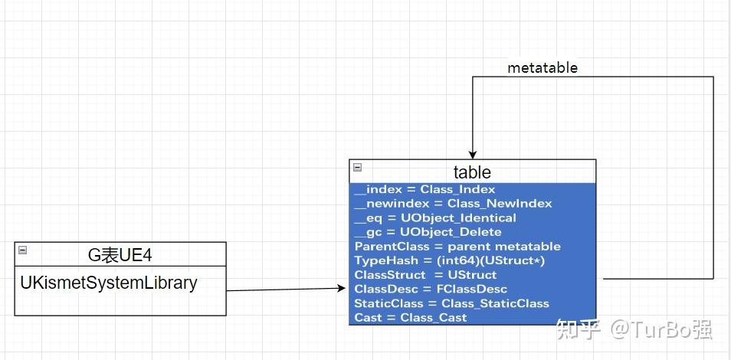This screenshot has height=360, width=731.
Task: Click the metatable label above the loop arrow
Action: pos(542,68)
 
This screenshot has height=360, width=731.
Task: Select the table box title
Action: pos(472,172)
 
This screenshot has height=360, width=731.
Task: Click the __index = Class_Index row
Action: pos(425,189)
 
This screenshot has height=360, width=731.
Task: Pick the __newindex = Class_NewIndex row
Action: pos(453,204)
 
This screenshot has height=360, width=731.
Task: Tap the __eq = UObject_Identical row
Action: pos(435,218)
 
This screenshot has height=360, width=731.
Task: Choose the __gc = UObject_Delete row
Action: pos(428,232)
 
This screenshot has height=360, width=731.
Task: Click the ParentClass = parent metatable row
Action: pos(457,247)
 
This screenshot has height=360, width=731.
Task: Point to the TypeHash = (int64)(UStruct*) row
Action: pos(450,260)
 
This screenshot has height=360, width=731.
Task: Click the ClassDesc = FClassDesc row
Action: pos(431,289)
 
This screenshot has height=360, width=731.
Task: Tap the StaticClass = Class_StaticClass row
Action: pos(451,303)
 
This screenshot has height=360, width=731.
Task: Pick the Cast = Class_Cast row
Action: pos(410,318)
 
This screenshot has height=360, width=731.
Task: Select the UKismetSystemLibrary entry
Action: pos(108,283)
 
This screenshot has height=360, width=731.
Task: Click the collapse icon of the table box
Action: pos(357,168)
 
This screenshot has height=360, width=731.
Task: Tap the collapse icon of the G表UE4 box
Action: pos(22,250)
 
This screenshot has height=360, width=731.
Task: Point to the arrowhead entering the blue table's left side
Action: pos(343,288)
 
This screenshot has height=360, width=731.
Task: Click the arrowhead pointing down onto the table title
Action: pos(473,155)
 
